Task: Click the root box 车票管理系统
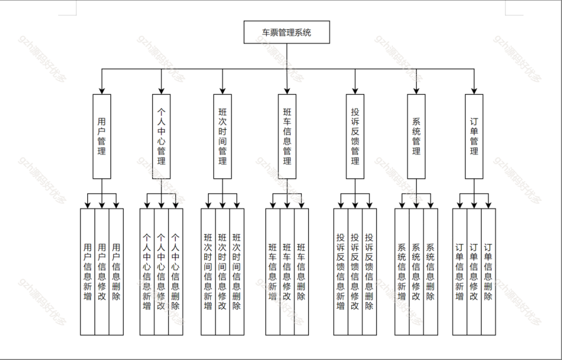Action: pyautogui.click(x=286, y=32)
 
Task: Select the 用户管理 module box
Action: pyautogui.click(x=102, y=136)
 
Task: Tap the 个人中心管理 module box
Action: pyautogui.click(x=161, y=136)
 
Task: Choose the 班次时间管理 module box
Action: pyautogui.click(x=222, y=136)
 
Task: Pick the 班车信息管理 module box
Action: pyautogui.click(x=287, y=136)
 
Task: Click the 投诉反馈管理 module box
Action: pyautogui.click(x=355, y=136)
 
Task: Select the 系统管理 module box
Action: pyautogui.click(x=416, y=136)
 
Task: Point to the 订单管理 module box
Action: pyautogui.click(x=474, y=136)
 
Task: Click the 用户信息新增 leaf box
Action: pyautogui.click(x=87, y=271)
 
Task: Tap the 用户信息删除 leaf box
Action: pyautogui.click(x=116, y=271)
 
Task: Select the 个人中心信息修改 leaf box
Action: pyautogui.click(x=161, y=271)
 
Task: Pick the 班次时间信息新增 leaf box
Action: pyautogui.click(x=208, y=271)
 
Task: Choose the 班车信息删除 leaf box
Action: pyautogui.click(x=301, y=271)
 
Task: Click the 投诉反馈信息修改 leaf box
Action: pyautogui.click(x=355, y=271)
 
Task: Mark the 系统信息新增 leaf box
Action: pyautogui.click(x=402, y=271)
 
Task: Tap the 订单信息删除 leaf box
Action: pyautogui.click(x=488, y=271)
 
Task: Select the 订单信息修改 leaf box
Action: pyautogui.click(x=474, y=271)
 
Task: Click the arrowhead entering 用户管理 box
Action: pyautogui.click(x=102, y=91)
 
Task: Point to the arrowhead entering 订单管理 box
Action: pyautogui.click(x=474, y=91)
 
